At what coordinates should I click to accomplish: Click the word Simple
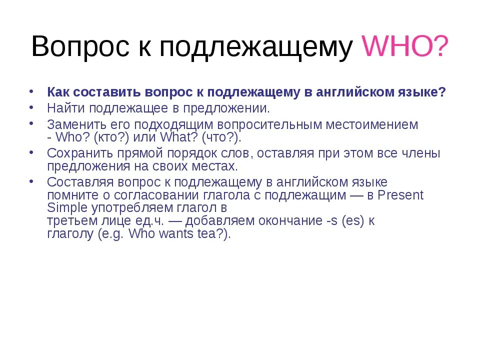tap(62, 207)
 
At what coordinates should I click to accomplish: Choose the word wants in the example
tap(175, 234)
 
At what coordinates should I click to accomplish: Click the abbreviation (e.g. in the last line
tap(111, 234)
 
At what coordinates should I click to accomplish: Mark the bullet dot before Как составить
tap(31, 92)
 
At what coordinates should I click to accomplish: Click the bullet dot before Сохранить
tap(31, 151)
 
